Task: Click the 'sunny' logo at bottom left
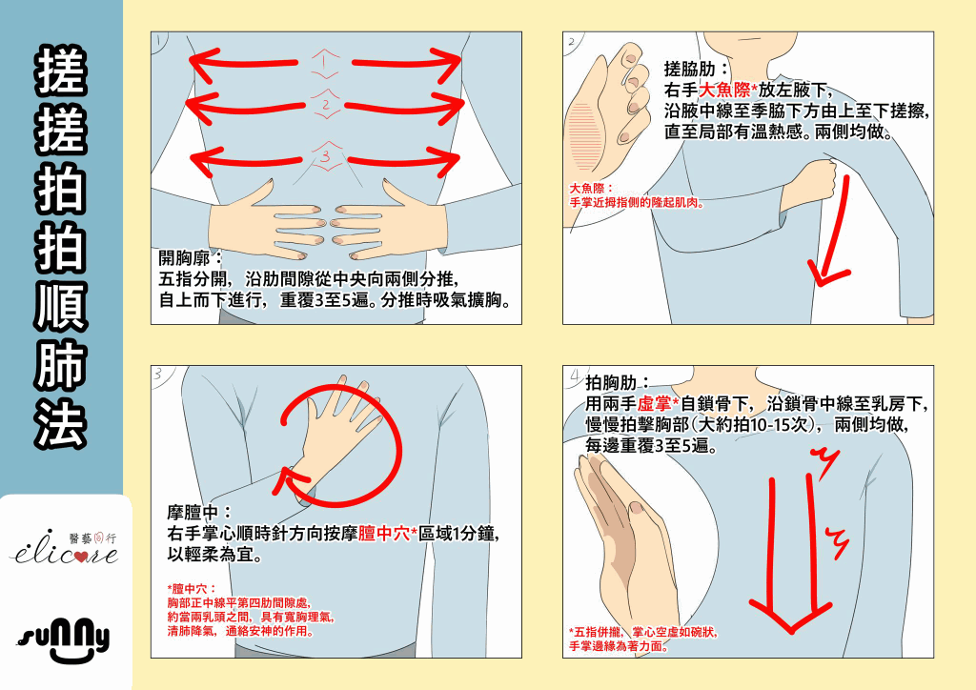[63, 639]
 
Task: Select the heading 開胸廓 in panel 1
[185, 257]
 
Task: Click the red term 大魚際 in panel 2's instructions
[724, 91]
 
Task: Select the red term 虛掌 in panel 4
[654, 404]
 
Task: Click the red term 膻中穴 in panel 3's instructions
[384, 534]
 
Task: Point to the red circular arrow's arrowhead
[290, 480]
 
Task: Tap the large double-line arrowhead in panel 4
[790, 616]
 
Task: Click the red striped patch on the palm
[584, 136]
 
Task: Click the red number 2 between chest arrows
[326, 104]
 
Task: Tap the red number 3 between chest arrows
[326, 156]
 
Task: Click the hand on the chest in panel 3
[336, 429]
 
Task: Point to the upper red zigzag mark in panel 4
[827, 463]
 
